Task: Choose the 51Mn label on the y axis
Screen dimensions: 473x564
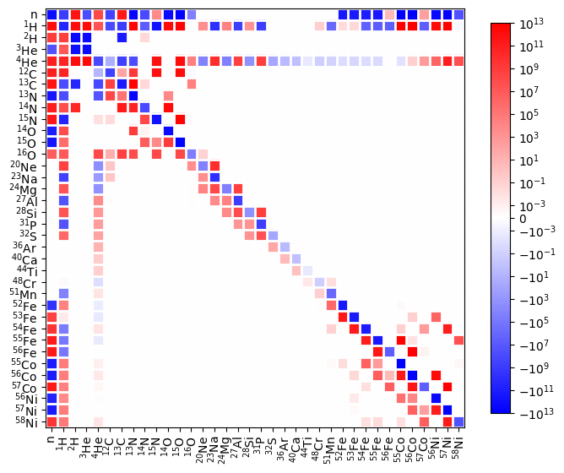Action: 26,293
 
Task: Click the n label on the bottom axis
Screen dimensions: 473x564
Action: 52,439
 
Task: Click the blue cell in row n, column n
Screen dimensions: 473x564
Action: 52,14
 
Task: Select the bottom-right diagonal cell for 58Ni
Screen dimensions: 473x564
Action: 458,421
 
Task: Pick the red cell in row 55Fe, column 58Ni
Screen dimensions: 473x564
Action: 458,340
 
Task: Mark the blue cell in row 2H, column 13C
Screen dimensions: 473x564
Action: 122,37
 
